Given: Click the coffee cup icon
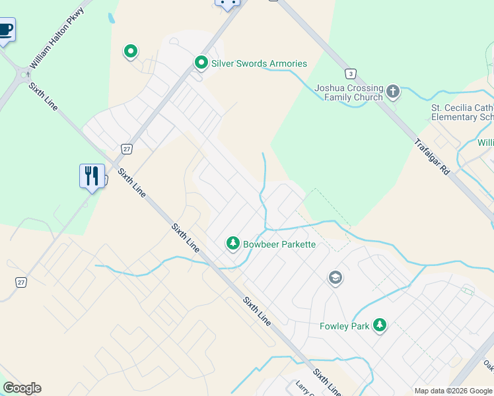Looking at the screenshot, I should (5, 30).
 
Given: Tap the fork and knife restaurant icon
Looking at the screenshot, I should (92, 176).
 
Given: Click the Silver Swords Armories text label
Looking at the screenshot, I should (259, 63).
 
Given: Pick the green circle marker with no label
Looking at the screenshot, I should (131, 51).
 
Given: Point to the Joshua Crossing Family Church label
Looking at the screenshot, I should (348, 92).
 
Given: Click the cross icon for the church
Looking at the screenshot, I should (393, 91).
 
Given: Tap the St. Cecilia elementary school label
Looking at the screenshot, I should (462, 112).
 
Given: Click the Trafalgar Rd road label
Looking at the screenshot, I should (432, 156).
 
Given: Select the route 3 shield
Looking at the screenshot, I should (351, 73).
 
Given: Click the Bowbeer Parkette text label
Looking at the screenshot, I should (279, 244).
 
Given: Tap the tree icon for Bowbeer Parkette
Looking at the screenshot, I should (232, 244).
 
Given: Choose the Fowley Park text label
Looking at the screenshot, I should (344, 326).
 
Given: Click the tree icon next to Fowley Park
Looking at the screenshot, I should (380, 325).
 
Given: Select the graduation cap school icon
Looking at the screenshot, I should (335, 279).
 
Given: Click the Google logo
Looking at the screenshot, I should (22, 388).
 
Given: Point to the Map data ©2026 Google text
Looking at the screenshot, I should (453, 391).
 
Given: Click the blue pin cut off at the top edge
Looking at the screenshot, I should (227, 4).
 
